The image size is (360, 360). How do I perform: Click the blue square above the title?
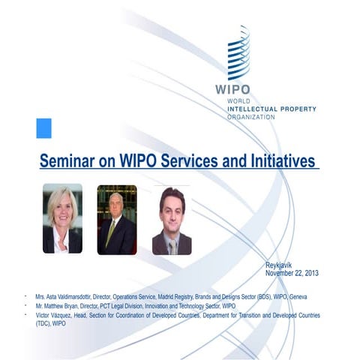tap(43, 127)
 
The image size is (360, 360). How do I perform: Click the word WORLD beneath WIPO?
tap(238, 101)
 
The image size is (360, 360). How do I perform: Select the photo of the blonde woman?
tap(62, 218)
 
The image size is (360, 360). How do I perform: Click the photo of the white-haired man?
tap(117, 219)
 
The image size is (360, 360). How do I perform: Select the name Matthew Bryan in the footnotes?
tap(61, 307)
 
